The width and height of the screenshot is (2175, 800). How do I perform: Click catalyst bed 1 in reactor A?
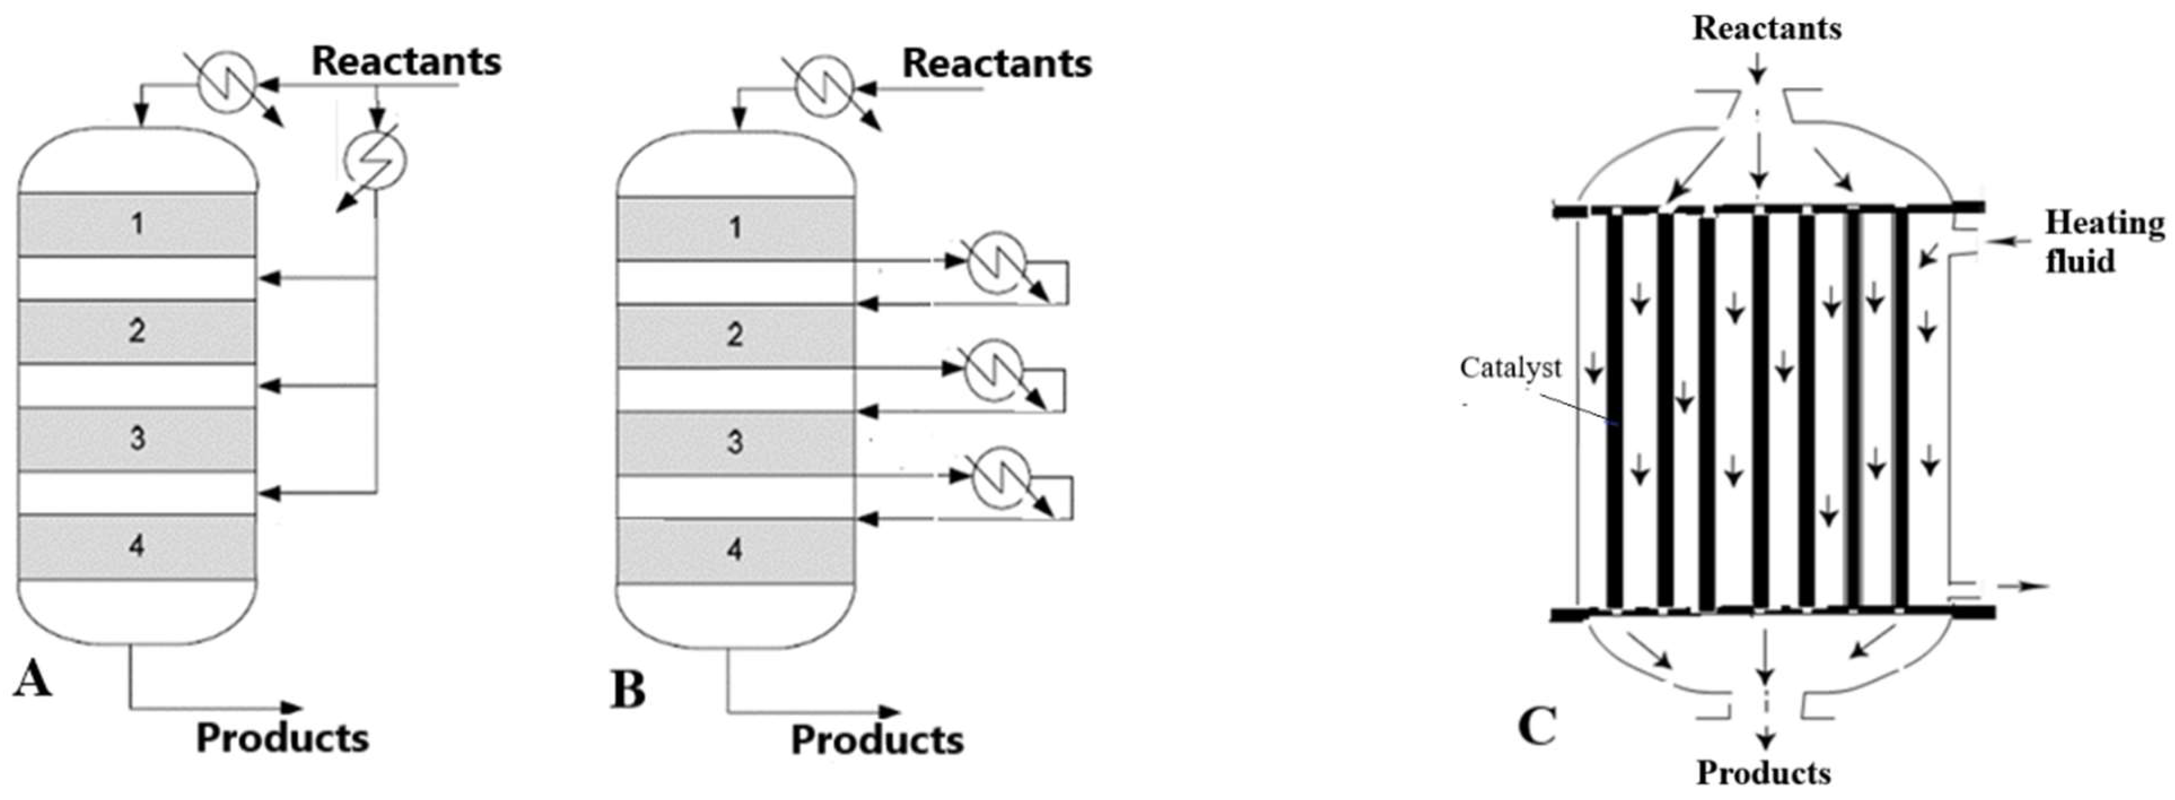(137, 225)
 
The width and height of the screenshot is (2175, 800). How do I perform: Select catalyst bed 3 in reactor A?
(137, 439)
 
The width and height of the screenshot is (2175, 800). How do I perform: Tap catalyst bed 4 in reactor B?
(734, 551)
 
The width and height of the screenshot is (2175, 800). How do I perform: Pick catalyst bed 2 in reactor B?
(734, 335)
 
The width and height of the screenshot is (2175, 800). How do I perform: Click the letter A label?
(32, 679)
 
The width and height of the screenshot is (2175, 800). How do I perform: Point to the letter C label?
(1537, 727)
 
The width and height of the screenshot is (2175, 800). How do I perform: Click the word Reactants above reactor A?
(406, 62)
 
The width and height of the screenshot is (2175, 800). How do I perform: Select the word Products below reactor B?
(876, 740)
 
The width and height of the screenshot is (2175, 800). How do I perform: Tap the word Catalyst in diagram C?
(1510, 368)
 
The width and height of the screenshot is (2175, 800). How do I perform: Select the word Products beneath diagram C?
(1764, 773)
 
